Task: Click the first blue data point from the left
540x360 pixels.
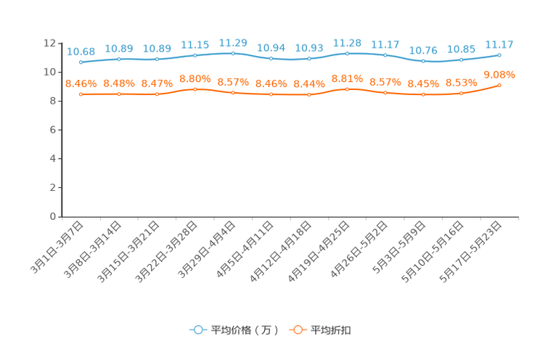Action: coord(81,62)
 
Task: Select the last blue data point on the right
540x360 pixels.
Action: coord(499,54)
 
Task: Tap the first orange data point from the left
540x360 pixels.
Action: coord(81,94)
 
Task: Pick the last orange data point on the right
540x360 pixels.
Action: coord(499,85)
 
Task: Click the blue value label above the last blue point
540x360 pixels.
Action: coord(499,45)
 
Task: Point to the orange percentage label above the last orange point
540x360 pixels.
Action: coord(499,74)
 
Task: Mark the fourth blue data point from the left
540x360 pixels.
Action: coord(195,55)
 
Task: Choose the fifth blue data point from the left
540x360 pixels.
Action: coord(233,53)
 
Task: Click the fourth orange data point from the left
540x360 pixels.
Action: coord(195,89)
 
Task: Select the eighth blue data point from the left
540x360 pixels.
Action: coord(347,53)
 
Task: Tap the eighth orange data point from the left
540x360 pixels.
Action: coord(347,89)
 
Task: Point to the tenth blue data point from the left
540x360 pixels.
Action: coord(423,61)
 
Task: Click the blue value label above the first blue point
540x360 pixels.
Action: coord(81,52)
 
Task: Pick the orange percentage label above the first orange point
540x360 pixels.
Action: coord(81,83)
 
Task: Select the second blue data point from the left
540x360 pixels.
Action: coord(119,59)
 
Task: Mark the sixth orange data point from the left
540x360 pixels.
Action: coord(271,94)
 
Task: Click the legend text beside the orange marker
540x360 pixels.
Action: coord(331,330)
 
